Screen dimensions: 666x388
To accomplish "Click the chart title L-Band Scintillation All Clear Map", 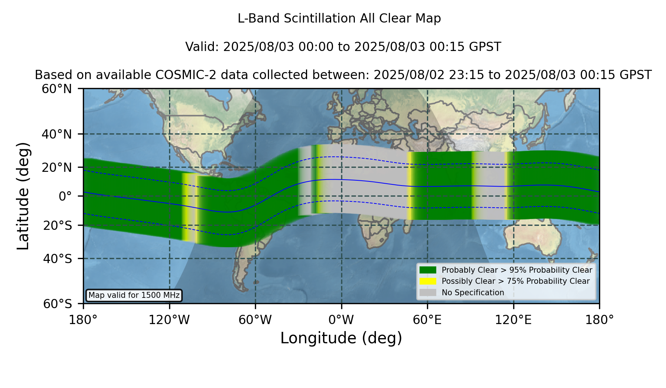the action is pos(339,18).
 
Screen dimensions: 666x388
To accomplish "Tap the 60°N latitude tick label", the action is pos(57,89).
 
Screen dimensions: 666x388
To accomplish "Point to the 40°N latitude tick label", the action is pos(57,134).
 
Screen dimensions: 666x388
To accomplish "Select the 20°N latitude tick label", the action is pos(57,167).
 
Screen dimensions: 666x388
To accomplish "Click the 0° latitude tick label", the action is pos(65,196).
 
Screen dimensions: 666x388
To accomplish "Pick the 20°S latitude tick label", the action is pos(57,225).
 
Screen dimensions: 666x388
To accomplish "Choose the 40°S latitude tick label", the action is pos(57,259).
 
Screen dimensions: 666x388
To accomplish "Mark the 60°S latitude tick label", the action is pos(57,304).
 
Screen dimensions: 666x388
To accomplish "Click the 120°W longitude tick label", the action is pos(169,320).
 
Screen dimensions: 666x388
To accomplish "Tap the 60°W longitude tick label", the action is pos(255,320).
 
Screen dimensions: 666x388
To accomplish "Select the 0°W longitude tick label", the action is pos(342,320).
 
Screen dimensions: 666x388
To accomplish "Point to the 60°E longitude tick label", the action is pos(427,320).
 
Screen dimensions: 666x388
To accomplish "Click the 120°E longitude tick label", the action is pos(514,320).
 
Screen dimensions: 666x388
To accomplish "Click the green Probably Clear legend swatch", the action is pos(428,270).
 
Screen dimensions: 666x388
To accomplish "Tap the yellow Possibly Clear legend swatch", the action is pos(428,281).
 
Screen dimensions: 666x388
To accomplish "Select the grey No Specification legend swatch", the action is pos(428,293).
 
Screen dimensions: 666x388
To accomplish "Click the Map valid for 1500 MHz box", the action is pos(134,295).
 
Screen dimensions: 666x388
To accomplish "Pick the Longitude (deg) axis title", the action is pos(341,338).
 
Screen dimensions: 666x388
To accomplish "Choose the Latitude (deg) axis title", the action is pos(23,196).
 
